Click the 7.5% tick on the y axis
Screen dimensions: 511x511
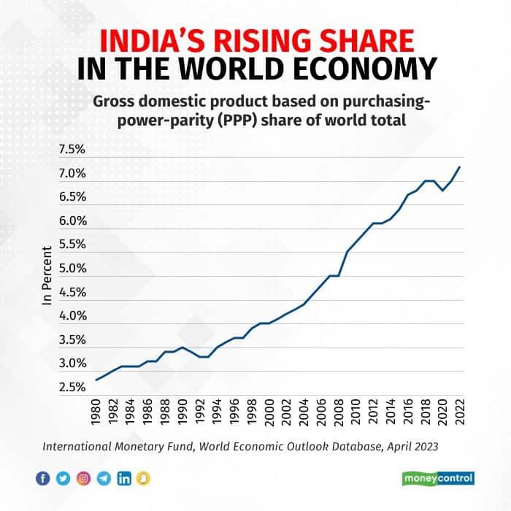(x=72, y=150)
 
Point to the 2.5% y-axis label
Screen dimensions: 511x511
(x=72, y=387)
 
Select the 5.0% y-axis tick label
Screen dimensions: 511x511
(x=72, y=269)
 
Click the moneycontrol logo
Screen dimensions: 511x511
(x=438, y=478)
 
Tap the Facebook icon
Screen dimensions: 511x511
(x=42, y=478)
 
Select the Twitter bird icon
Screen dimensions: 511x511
(x=63, y=478)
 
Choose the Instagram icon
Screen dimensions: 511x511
(x=83, y=478)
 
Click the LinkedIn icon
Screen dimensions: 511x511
(x=124, y=478)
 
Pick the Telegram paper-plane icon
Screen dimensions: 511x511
(x=104, y=478)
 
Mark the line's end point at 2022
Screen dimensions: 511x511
(x=460, y=167)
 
